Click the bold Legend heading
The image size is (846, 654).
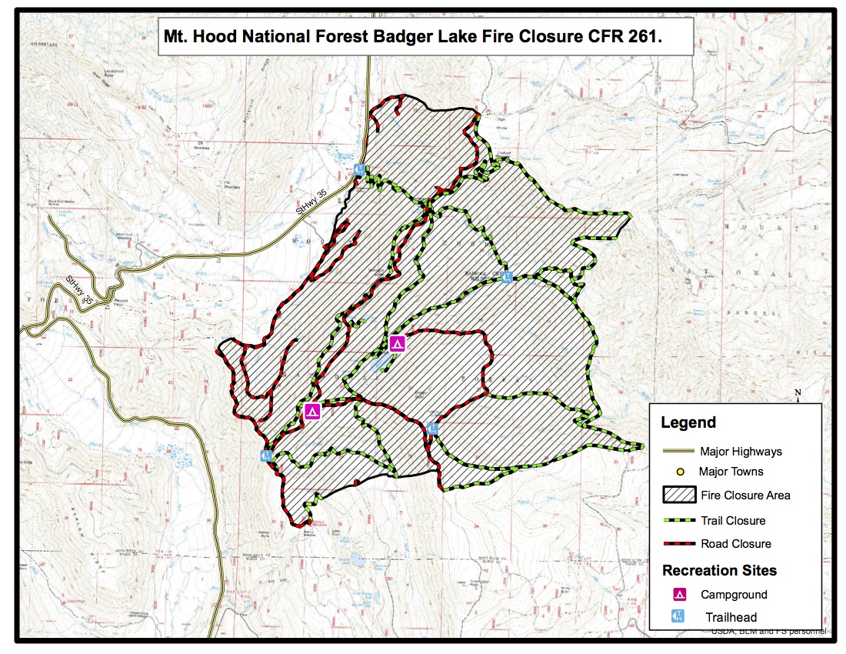click(x=688, y=422)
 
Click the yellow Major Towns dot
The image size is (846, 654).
click(x=681, y=471)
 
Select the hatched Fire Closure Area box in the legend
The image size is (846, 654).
click(x=678, y=495)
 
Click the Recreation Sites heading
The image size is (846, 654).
click(x=719, y=570)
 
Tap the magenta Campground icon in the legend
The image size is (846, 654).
click(x=679, y=594)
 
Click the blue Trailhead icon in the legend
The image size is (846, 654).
click(x=679, y=616)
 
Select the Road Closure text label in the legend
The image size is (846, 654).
click(x=736, y=544)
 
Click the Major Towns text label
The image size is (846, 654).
click(x=731, y=471)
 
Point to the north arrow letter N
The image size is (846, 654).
click(x=798, y=393)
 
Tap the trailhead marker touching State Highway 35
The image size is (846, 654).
click(x=359, y=169)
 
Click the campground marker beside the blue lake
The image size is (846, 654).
click(x=398, y=344)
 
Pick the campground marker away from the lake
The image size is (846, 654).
click(x=312, y=411)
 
